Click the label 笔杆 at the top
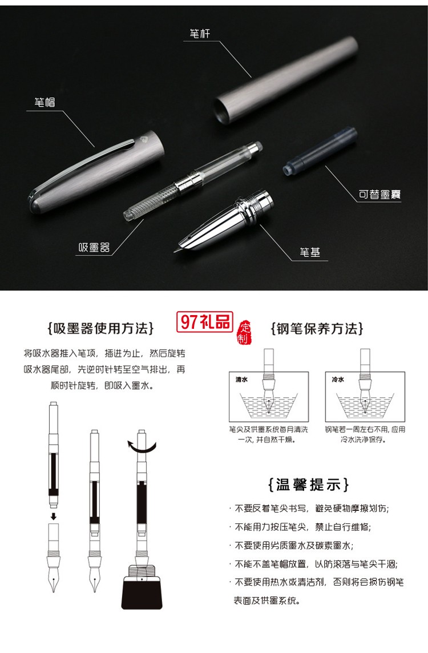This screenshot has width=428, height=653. [x=200, y=34]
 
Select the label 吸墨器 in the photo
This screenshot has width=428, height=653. [x=94, y=248]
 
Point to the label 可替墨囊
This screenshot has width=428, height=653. [x=379, y=195]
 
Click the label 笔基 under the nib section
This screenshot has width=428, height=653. [x=310, y=252]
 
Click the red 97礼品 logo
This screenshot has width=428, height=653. [x=204, y=322]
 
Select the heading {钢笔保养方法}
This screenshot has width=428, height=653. [x=317, y=329]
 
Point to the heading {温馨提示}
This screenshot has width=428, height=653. [x=308, y=485]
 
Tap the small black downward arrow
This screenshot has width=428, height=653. [x=54, y=517]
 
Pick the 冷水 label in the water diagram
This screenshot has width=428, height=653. [x=338, y=379]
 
